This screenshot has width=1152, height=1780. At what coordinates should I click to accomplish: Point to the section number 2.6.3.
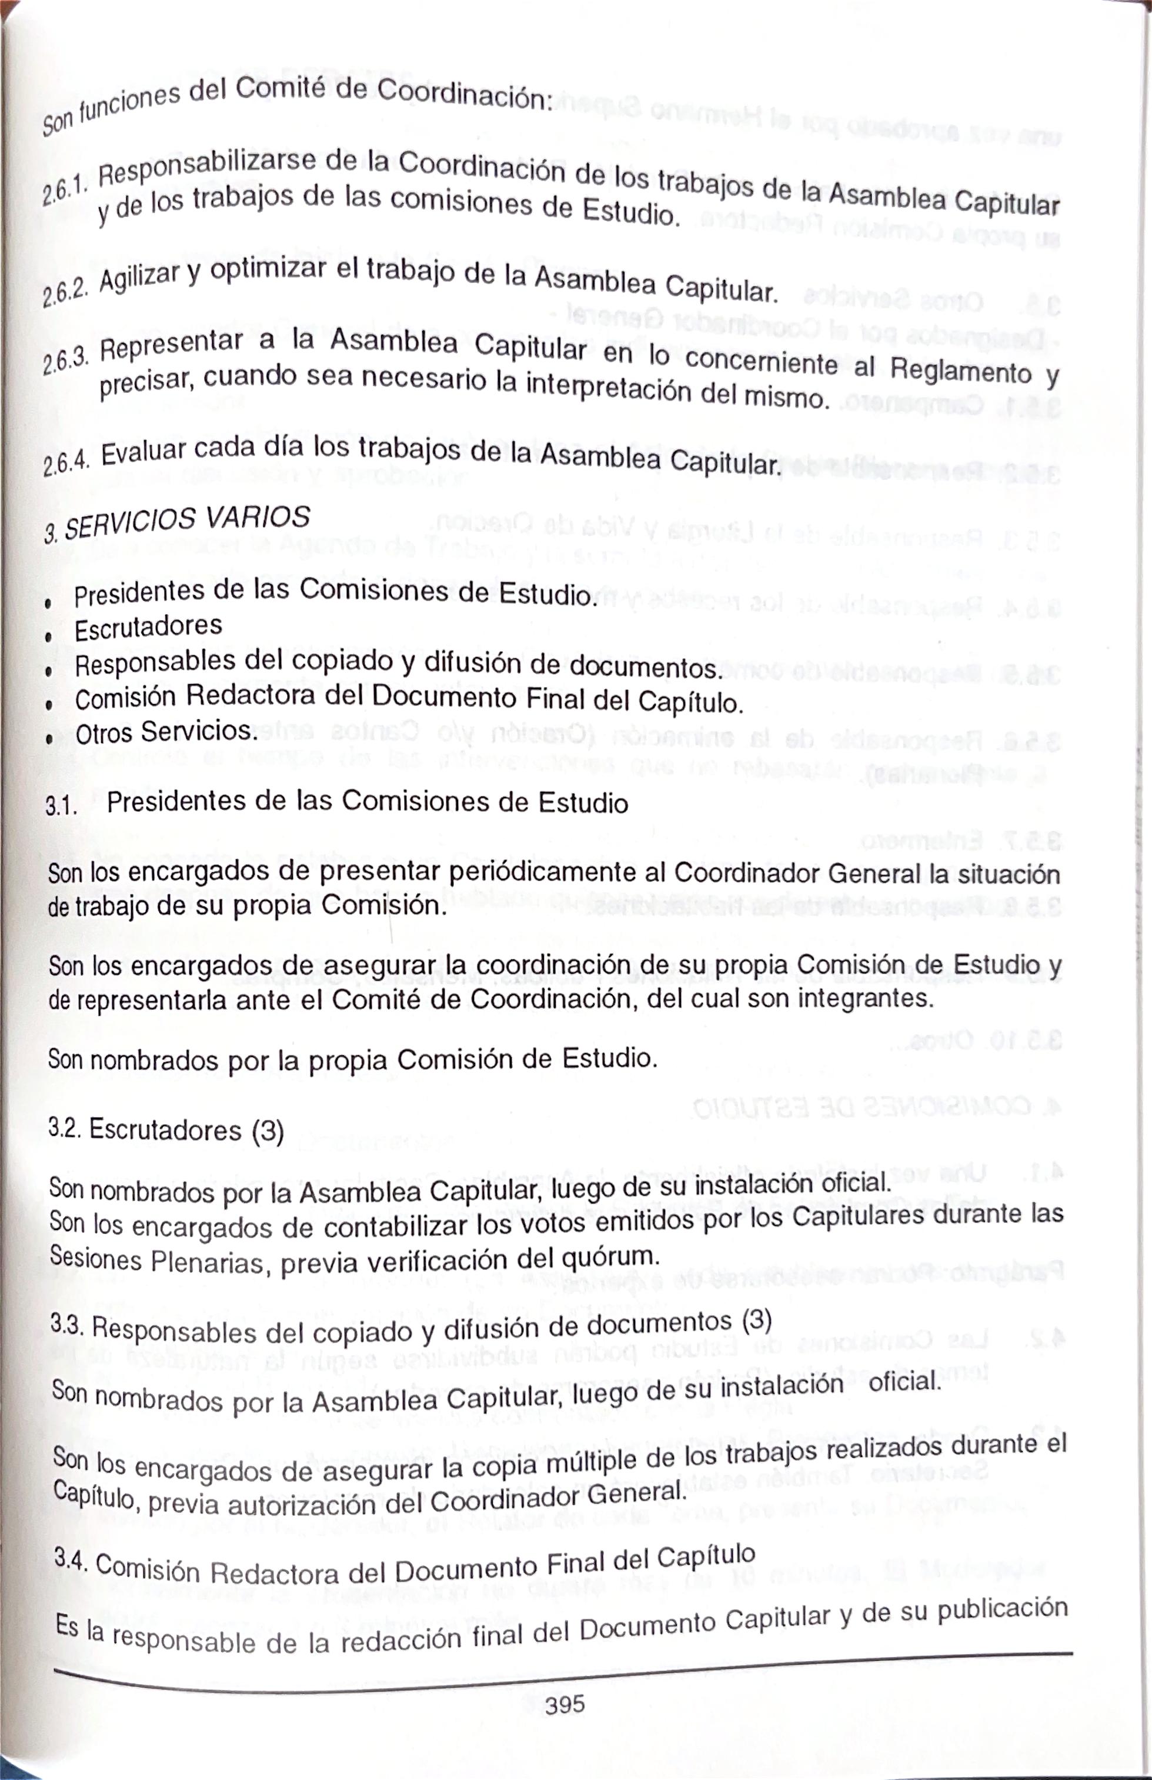pyautogui.click(x=66, y=362)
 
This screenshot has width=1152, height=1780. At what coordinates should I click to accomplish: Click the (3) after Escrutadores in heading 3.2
pyautogui.click(x=267, y=1132)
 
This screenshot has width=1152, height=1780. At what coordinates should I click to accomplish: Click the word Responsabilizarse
pyautogui.click(x=207, y=168)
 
